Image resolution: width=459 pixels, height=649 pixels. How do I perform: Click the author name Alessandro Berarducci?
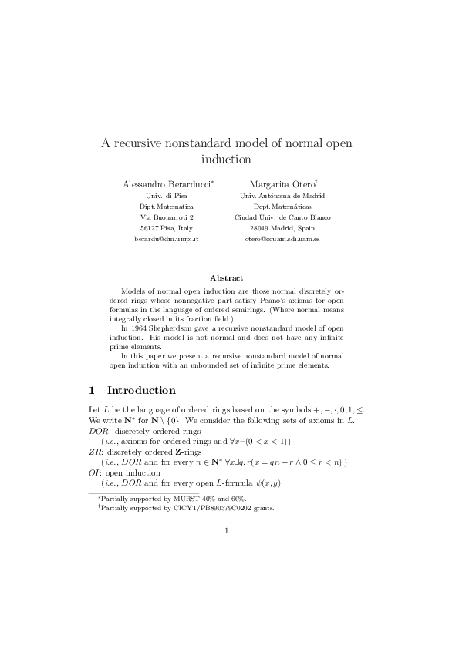tap(168, 184)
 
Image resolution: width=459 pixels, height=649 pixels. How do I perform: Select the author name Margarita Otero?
tap(278, 184)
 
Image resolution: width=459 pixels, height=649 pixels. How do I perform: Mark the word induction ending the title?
tap(226, 161)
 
